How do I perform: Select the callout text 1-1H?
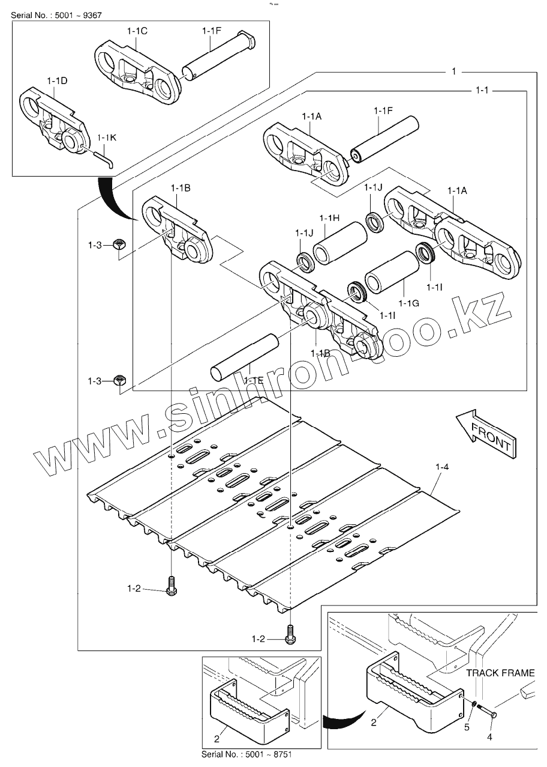point(329,217)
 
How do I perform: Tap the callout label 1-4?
point(441,466)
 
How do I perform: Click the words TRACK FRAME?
point(500,673)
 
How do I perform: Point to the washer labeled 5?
point(474,704)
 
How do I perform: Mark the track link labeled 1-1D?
point(54,120)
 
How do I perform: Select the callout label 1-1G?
point(410,303)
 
